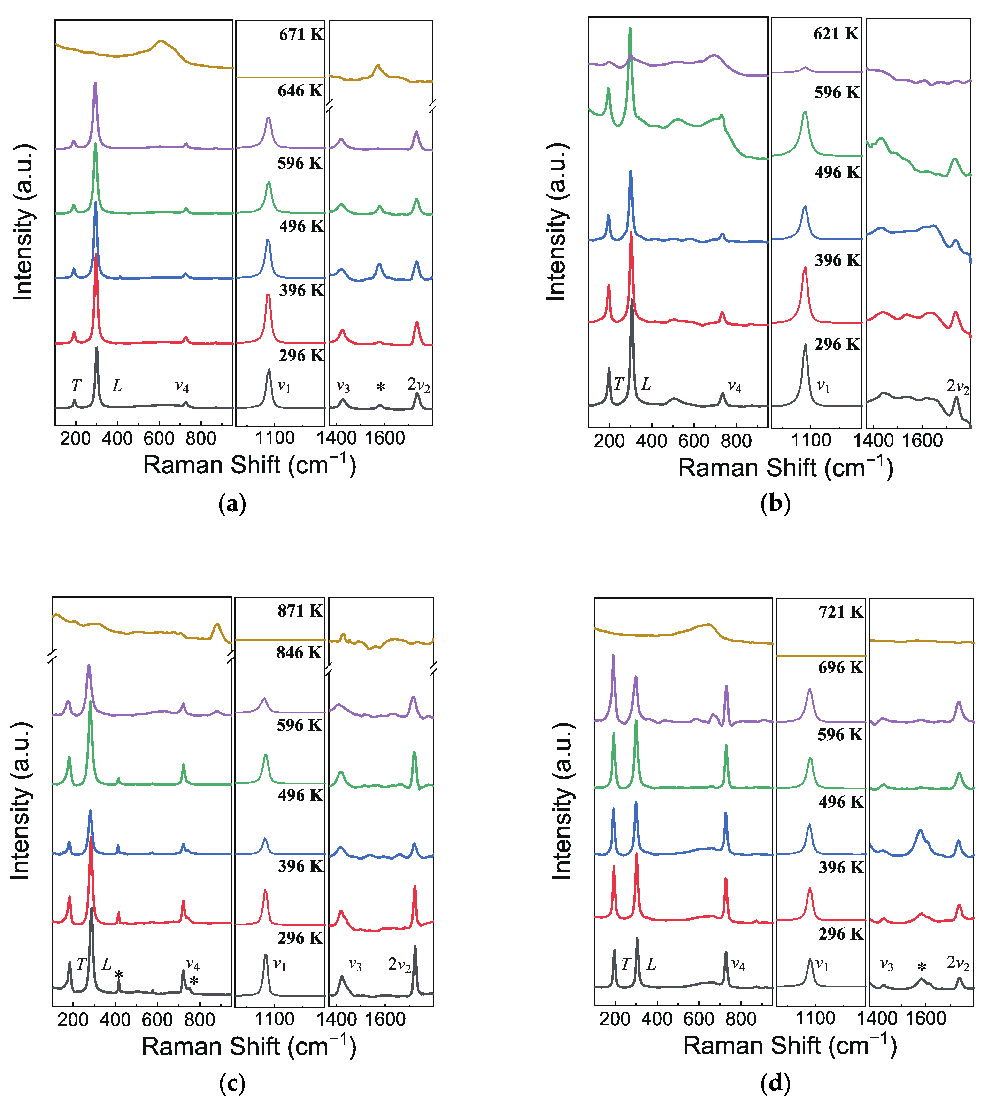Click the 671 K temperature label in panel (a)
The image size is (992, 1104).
click(x=301, y=35)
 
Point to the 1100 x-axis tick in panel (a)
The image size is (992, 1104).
click(x=275, y=438)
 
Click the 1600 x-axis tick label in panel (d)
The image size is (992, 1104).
click(x=925, y=1018)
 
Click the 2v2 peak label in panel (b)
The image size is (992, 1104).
click(x=958, y=387)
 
